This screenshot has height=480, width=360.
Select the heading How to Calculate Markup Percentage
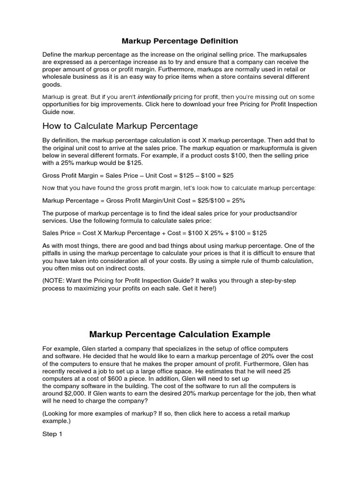coord(120,126)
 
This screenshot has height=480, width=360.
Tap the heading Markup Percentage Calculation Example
coord(180,334)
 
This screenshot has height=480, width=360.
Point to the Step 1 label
coord(52,434)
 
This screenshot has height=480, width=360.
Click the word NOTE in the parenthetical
coord(55,280)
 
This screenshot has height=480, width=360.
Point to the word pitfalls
coord(53,253)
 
